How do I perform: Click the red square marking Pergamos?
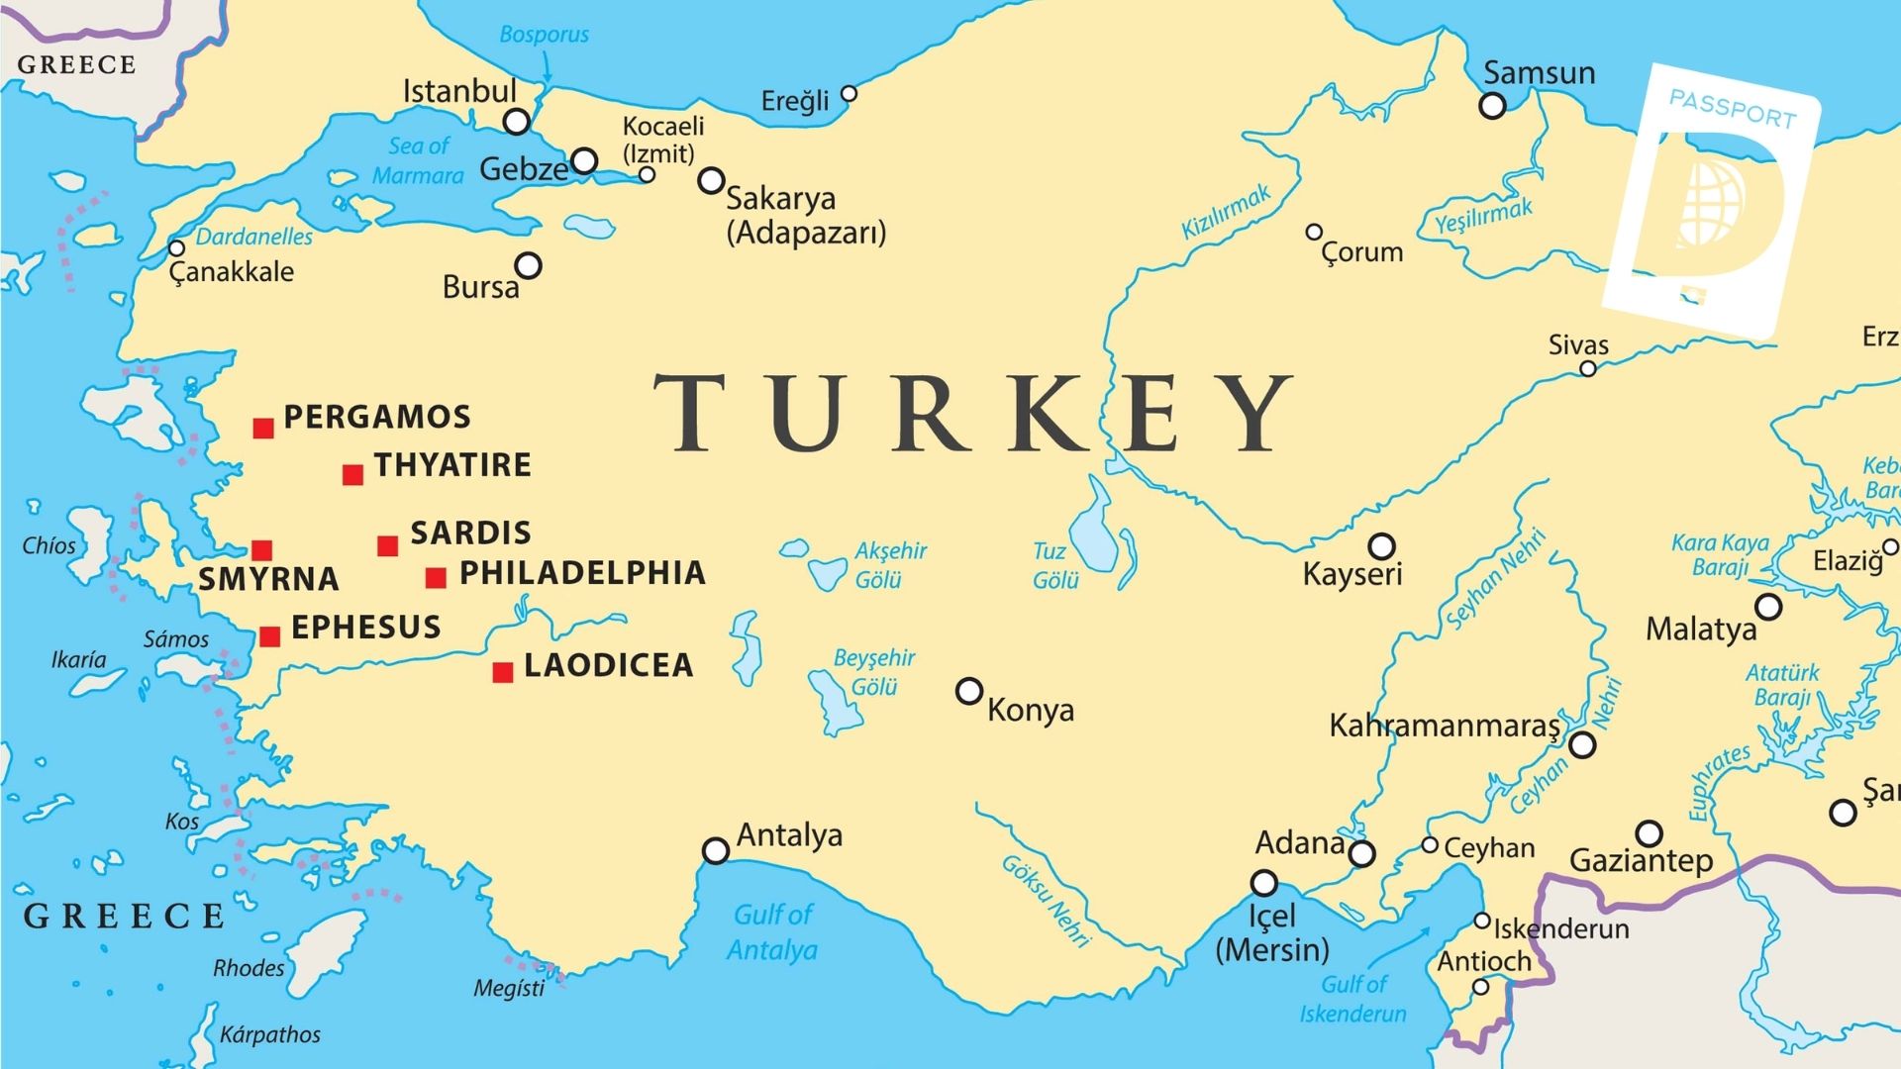click(262, 428)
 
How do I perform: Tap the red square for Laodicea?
click(503, 673)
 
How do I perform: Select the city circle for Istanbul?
click(516, 122)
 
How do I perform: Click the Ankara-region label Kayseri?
click(1351, 574)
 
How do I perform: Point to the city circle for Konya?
click(969, 691)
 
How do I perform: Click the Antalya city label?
click(789, 835)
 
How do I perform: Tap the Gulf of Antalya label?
click(772, 931)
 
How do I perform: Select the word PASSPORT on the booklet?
click(1732, 109)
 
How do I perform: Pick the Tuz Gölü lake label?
click(1053, 565)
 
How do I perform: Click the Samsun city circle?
click(1492, 105)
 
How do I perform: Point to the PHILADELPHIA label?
click(582, 573)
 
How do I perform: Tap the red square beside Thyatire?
click(352, 475)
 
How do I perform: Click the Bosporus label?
click(544, 35)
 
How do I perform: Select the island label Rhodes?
click(249, 968)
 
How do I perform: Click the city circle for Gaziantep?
click(1649, 833)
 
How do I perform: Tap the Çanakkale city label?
click(232, 272)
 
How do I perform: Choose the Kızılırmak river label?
click(1225, 212)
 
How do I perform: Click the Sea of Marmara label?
click(418, 160)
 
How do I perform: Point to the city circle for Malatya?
click(1768, 607)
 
